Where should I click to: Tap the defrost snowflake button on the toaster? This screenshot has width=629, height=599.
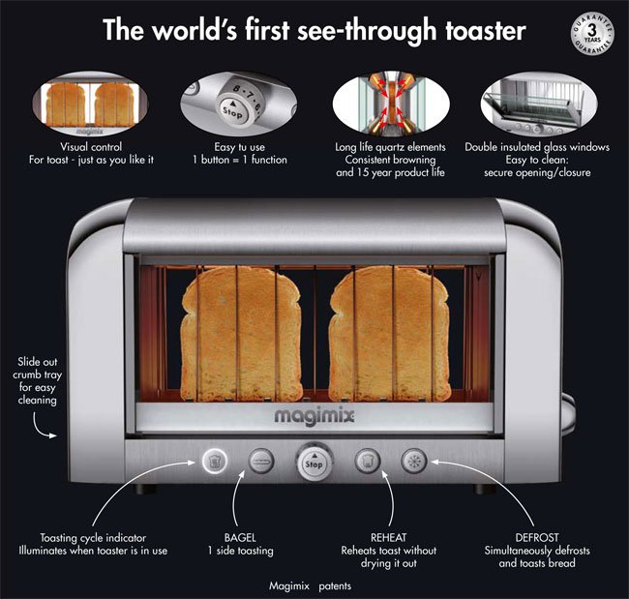click(x=415, y=462)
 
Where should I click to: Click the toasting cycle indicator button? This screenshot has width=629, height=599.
click(x=212, y=462)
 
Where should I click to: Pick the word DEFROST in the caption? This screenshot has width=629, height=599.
click(x=538, y=538)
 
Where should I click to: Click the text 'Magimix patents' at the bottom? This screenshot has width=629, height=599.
click(x=309, y=585)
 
